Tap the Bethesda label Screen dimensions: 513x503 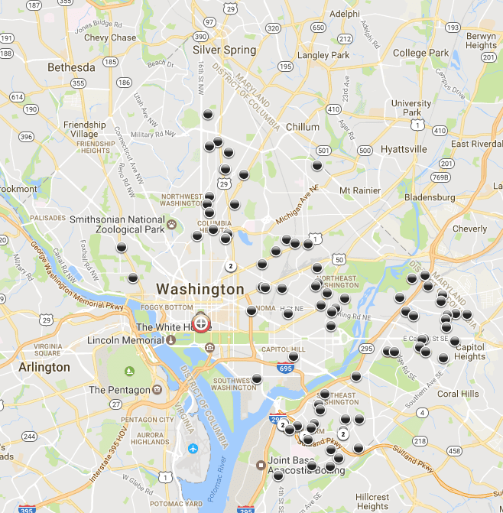point(71,67)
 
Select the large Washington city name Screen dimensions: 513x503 point(200,290)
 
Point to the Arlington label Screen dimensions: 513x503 point(44,367)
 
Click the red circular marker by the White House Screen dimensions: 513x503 point(201,323)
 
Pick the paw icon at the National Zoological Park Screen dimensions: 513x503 point(172,225)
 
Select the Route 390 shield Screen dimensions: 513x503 point(200,36)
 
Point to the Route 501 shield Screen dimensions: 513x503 point(323,150)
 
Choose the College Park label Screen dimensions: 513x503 point(420,53)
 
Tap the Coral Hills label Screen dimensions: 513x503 point(458,394)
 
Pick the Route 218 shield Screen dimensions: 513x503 point(419,441)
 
